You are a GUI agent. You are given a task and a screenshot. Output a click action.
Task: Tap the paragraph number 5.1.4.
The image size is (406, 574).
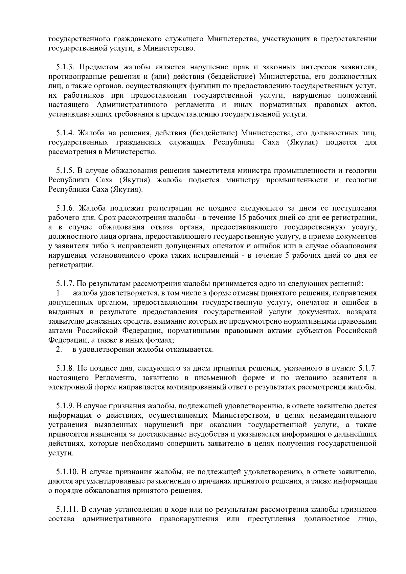(x=65, y=133)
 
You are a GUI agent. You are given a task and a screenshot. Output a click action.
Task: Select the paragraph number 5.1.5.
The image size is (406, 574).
(x=65, y=170)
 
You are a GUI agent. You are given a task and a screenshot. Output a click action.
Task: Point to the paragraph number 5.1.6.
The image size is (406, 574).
(x=65, y=208)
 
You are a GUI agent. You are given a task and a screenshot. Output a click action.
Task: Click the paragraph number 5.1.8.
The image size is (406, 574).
(x=65, y=368)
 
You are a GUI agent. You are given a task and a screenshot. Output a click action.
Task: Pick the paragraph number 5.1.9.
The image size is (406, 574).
(x=65, y=406)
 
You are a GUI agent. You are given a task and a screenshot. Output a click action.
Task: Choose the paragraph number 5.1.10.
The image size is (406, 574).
(x=67, y=472)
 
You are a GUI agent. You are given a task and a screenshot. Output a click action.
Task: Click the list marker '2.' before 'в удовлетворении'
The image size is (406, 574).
(x=59, y=349)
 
